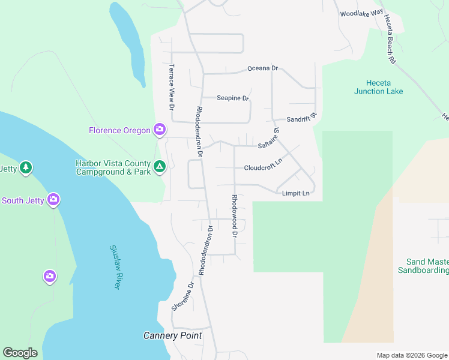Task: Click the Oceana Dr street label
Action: coord(263,69)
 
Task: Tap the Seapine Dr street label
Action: coord(233,98)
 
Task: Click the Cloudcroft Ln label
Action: coord(263,167)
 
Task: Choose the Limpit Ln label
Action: coord(296,193)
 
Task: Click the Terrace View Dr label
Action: coord(171,87)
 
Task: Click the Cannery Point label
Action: coord(173,335)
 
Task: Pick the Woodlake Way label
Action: coord(361,13)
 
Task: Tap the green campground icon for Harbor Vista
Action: coord(160,167)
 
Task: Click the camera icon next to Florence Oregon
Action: coord(160,130)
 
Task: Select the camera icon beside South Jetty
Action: coord(54,199)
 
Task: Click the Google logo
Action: coord(20,353)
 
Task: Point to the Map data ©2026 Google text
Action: coord(411,355)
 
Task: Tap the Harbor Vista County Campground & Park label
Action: coord(113,167)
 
